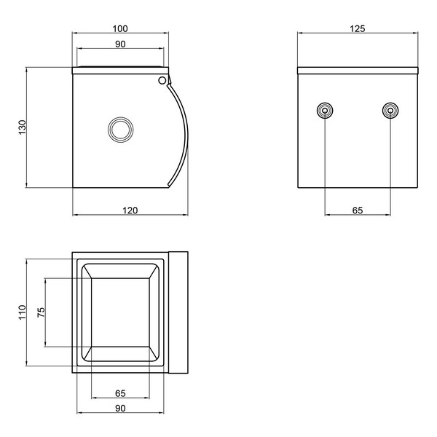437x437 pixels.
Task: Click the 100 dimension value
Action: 120,28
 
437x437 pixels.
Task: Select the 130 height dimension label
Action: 22,127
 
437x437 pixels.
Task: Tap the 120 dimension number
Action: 130,210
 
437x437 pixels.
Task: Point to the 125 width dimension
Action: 358,28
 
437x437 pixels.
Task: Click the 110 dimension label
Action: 22,312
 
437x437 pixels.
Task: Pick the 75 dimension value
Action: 41,312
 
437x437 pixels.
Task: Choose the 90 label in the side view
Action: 120,44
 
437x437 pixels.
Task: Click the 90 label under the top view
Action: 120,408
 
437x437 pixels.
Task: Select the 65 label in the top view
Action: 120,393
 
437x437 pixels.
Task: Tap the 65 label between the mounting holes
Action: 358,210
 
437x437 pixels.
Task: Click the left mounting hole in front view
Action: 325,111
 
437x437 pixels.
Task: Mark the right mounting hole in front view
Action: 390,111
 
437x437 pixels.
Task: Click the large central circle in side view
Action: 121,130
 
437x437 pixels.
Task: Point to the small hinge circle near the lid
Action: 162,81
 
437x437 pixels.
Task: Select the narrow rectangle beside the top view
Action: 178,312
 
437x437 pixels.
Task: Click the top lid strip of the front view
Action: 358,71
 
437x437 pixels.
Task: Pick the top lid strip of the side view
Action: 120,70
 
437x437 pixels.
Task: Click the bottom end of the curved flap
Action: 168,185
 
